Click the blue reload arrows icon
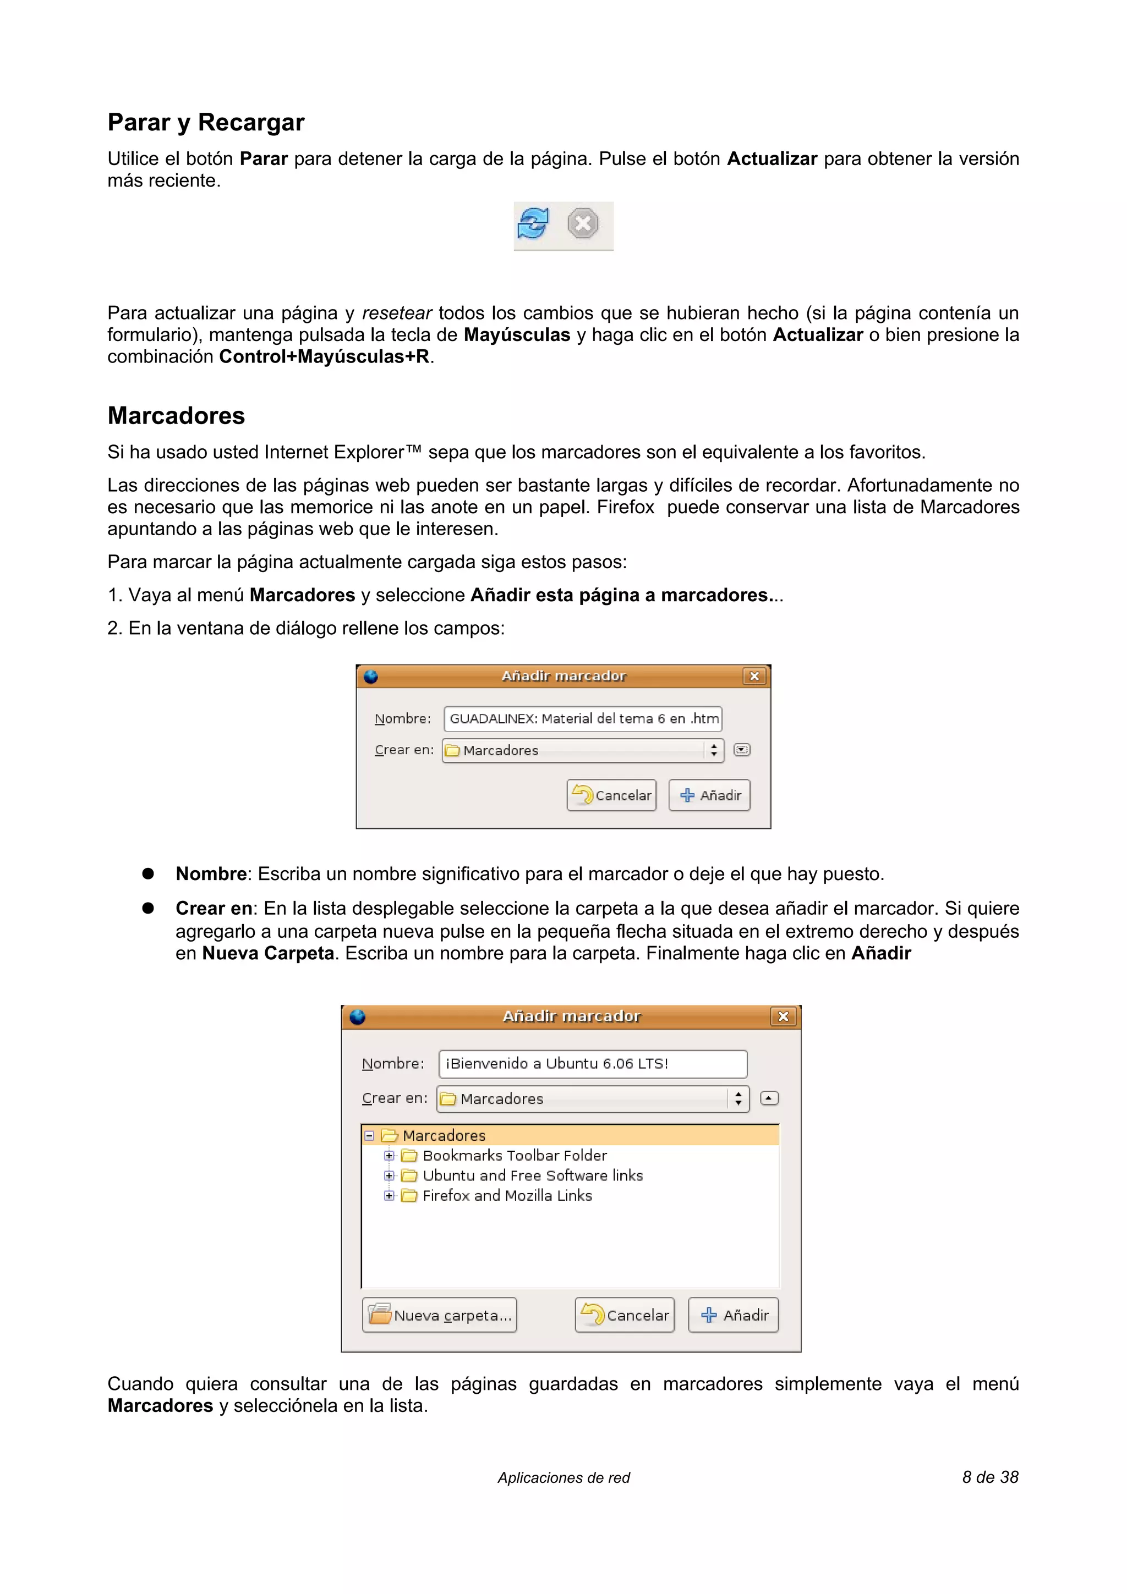[533, 223]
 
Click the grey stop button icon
[583, 223]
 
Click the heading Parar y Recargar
[206, 122]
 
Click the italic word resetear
[397, 313]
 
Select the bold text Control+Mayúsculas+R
[324, 357]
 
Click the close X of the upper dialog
[754, 676]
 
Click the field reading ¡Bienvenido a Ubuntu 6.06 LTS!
[592, 1064]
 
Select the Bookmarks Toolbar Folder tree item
[514, 1155]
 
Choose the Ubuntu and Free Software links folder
[532, 1175]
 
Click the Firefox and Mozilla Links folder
[507, 1196]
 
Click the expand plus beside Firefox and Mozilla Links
[389, 1196]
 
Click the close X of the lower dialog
[783, 1016]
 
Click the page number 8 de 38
[989, 1477]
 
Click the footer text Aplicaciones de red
[563, 1478]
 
